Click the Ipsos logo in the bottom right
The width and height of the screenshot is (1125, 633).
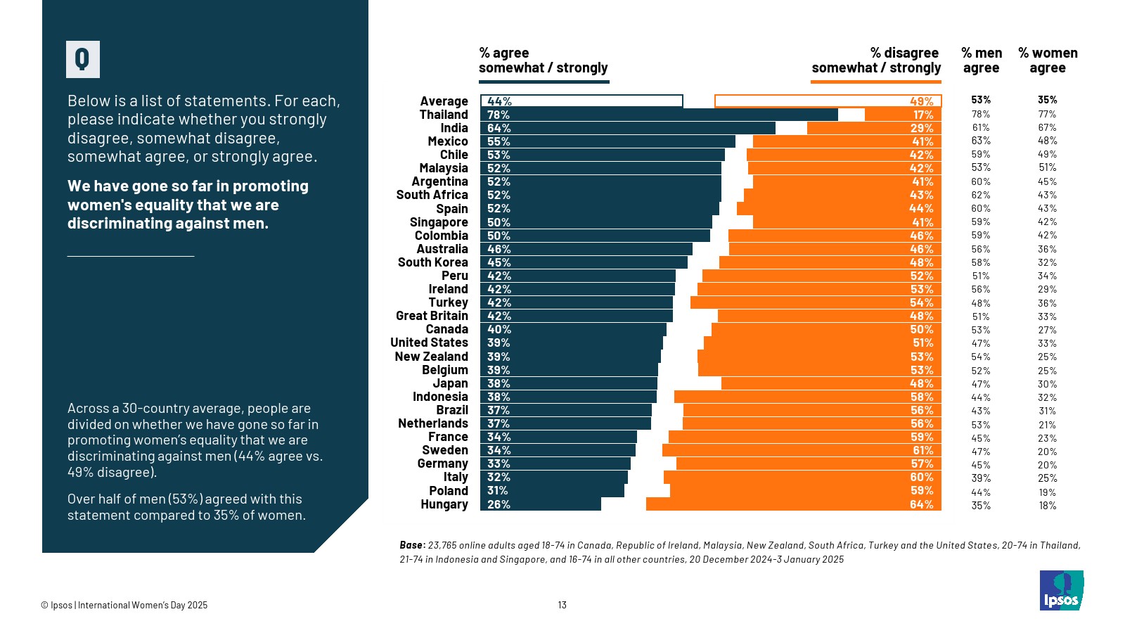(1061, 590)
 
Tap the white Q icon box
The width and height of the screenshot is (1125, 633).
(83, 59)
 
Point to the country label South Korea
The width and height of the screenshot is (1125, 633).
(432, 262)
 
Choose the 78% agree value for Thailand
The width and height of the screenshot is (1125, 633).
(499, 115)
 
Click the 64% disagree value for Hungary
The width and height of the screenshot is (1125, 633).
(921, 504)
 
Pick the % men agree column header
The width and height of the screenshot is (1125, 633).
(981, 60)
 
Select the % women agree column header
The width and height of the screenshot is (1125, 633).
(1048, 60)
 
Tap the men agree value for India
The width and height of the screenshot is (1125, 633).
(981, 128)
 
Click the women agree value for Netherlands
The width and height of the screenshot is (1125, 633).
(1047, 425)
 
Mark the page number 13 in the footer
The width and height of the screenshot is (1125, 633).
(562, 605)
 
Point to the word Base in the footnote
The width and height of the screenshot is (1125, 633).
(412, 545)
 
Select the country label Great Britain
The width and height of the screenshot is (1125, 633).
(432, 316)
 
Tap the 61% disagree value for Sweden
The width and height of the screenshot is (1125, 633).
(922, 450)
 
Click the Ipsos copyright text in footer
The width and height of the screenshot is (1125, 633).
(124, 605)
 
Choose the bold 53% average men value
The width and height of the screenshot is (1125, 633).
(981, 100)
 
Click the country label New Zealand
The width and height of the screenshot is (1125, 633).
(431, 357)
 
